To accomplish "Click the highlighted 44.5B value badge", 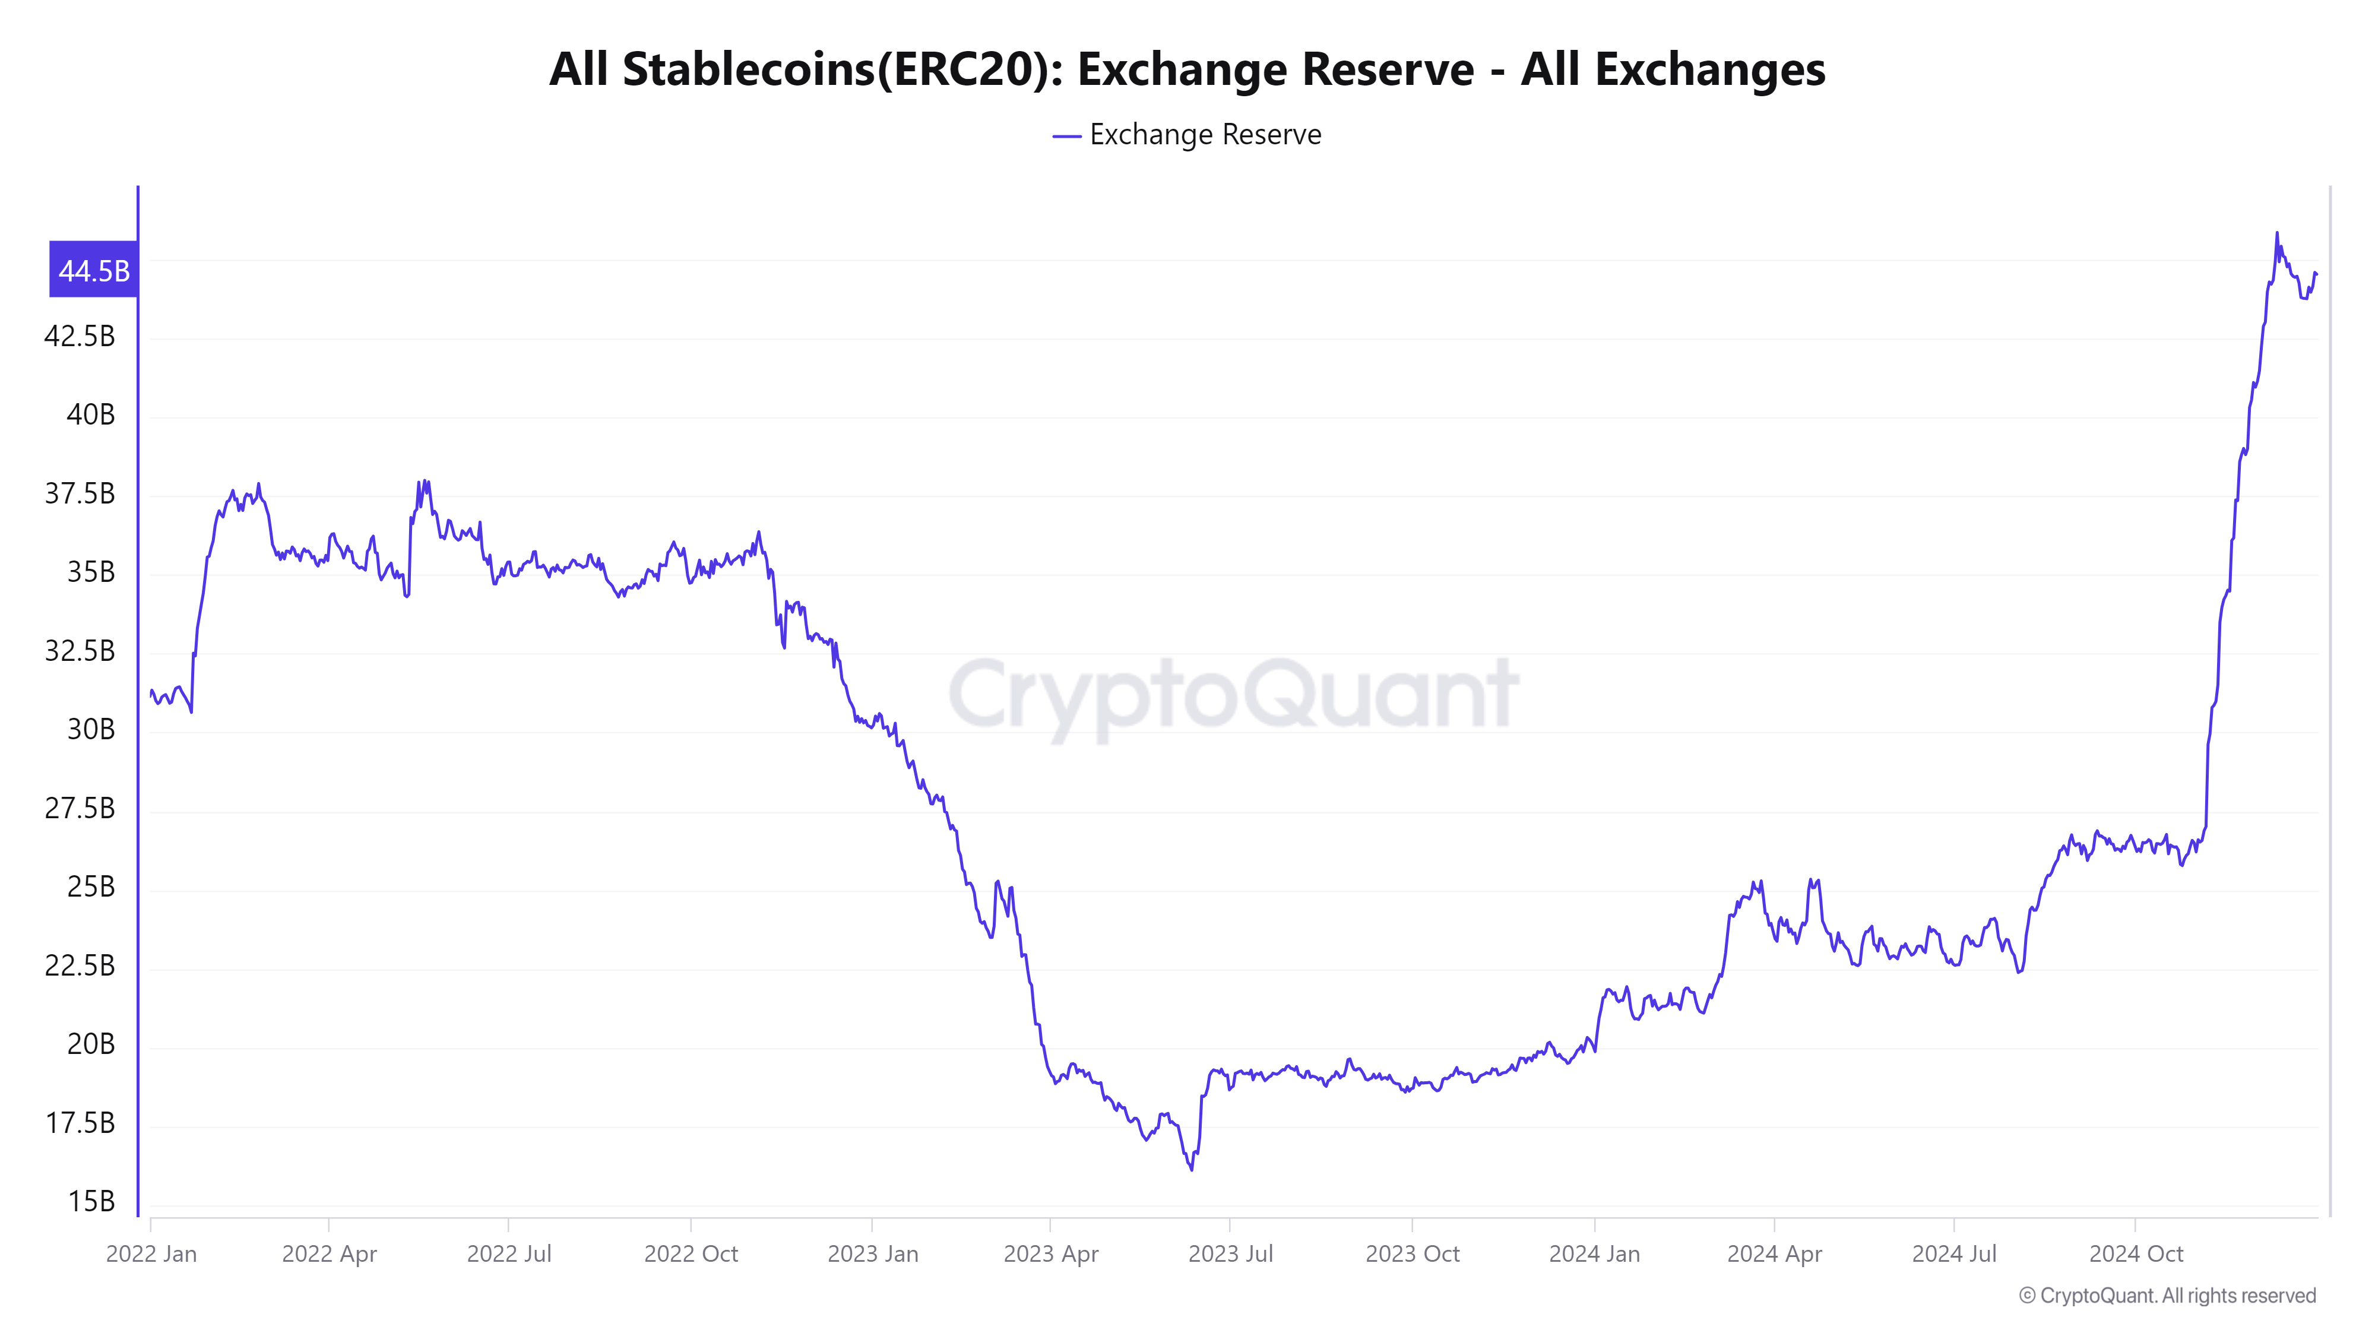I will point(94,270).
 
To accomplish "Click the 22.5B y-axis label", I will point(80,965).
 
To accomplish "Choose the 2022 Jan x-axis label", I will point(151,1254).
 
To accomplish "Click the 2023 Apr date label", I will point(1051,1254).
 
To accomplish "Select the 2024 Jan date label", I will point(1594,1254).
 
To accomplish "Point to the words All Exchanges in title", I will point(1673,69).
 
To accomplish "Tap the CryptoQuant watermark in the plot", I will point(1234,694).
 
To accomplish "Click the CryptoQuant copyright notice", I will point(2167,1296).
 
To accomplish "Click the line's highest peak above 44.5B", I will point(2276,233).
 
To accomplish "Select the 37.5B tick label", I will point(80,493).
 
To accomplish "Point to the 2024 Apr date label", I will point(1774,1254).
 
